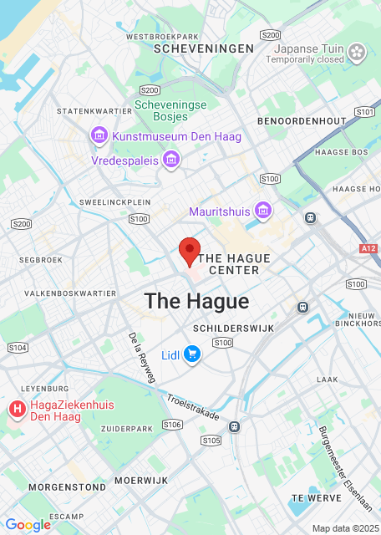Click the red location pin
click(x=190, y=250)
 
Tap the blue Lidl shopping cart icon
click(x=193, y=354)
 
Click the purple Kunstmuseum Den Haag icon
click(x=99, y=135)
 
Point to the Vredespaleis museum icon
click(x=172, y=159)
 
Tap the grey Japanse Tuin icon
click(x=358, y=53)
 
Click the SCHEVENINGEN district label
click(x=205, y=49)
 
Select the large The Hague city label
click(x=196, y=301)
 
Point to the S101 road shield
click(x=363, y=111)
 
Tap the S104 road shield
click(x=17, y=347)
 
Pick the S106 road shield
click(x=172, y=425)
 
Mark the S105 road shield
click(x=211, y=440)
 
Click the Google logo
click(x=28, y=525)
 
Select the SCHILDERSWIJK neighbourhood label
click(x=233, y=329)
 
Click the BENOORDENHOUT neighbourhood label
click(x=302, y=121)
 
